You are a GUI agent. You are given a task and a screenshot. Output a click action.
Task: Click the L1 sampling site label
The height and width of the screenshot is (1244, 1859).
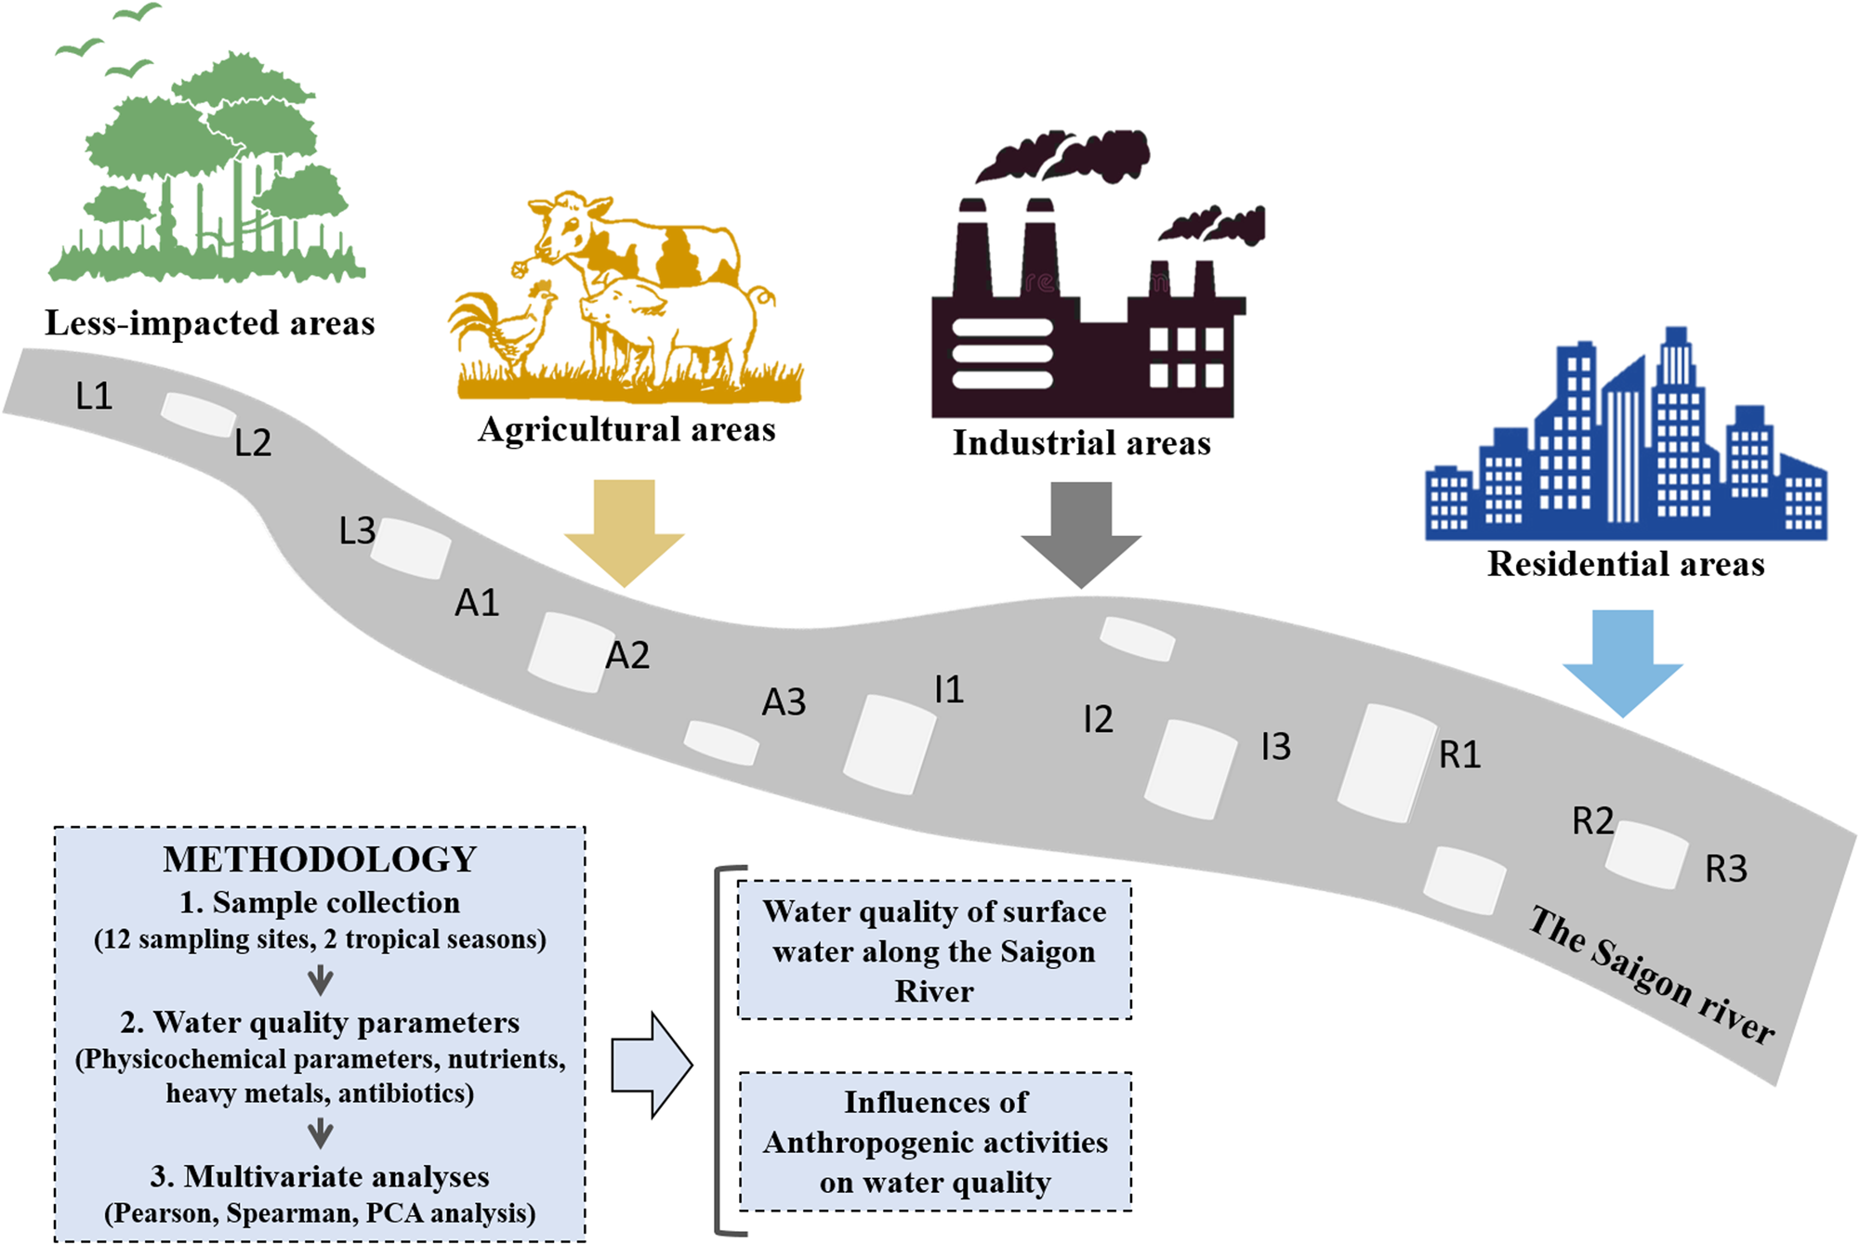(x=94, y=397)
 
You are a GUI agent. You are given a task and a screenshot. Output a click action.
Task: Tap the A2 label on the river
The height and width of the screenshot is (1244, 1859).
(x=627, y=656)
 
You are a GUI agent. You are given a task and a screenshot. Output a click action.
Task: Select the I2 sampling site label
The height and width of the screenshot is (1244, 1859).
(x=1098, y=719)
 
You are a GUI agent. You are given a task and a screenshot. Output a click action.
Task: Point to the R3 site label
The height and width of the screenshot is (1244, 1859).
(x=1726, y=870)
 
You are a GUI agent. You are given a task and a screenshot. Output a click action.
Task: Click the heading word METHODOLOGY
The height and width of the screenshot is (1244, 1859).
(x=320, y=859)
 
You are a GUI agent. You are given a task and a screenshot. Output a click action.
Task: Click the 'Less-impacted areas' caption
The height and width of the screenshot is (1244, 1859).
(x=210, y=323)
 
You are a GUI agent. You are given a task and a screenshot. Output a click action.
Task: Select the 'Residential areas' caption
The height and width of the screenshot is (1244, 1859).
(x=1626, y=564)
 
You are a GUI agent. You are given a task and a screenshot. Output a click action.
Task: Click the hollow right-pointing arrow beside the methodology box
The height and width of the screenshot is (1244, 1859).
(x=652, y=1065)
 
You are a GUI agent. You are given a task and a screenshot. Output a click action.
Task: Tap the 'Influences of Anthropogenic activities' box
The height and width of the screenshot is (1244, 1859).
(x=935, y=1142)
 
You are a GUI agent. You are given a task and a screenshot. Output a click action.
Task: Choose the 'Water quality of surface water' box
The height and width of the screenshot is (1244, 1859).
(x=935, y=950)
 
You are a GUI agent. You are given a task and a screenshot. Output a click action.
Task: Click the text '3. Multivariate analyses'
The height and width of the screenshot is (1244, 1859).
(x=320, y=1176)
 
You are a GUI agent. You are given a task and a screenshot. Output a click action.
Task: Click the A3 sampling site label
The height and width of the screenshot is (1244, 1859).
(x=784, y=702)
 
